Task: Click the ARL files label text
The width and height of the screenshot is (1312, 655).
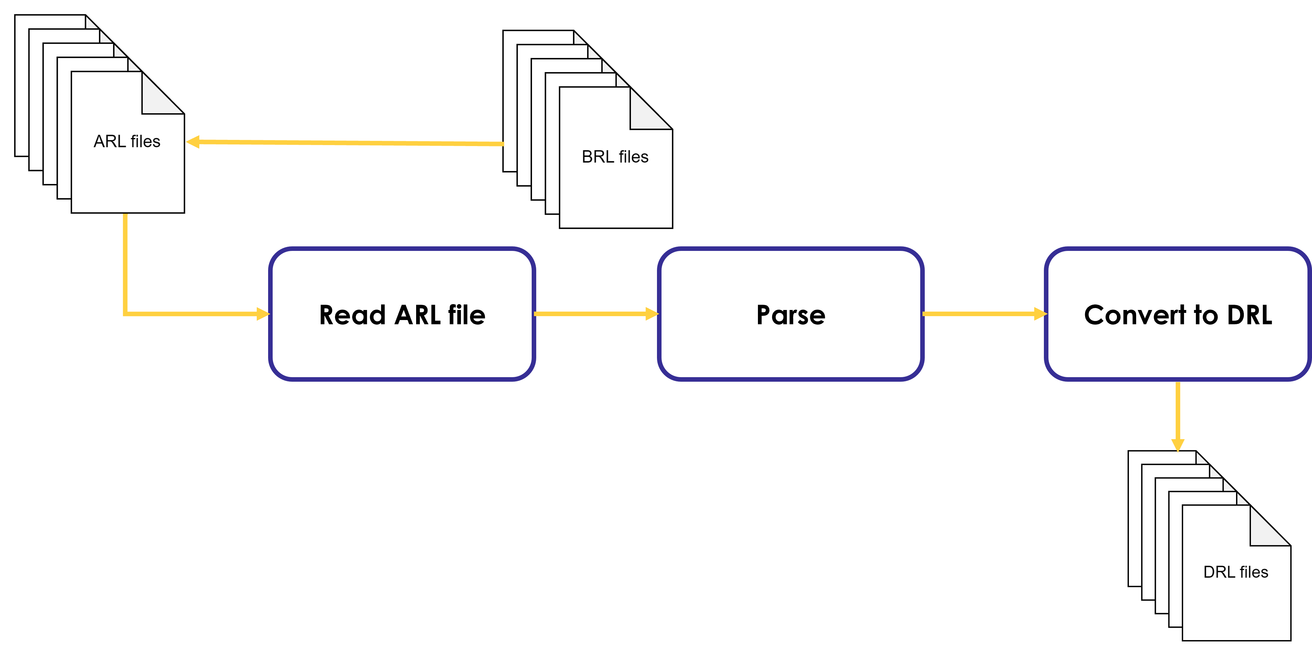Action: [x=127, y=142]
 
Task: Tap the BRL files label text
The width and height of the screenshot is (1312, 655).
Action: [x=615, y=157]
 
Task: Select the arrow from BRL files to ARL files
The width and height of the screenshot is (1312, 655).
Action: [x=346, y=142]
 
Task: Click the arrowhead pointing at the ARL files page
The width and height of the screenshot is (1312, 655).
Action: [x=192, y=142]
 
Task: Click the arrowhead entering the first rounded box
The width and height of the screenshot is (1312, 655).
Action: [x=263, y=314]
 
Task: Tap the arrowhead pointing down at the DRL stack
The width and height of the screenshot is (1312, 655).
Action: [x=1178, y=445]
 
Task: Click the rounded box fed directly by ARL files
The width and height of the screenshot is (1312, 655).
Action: [x=402, y=314]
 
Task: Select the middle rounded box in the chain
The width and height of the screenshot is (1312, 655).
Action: [x=790, y=314]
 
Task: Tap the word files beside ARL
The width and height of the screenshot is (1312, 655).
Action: [x=145, y=142]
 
